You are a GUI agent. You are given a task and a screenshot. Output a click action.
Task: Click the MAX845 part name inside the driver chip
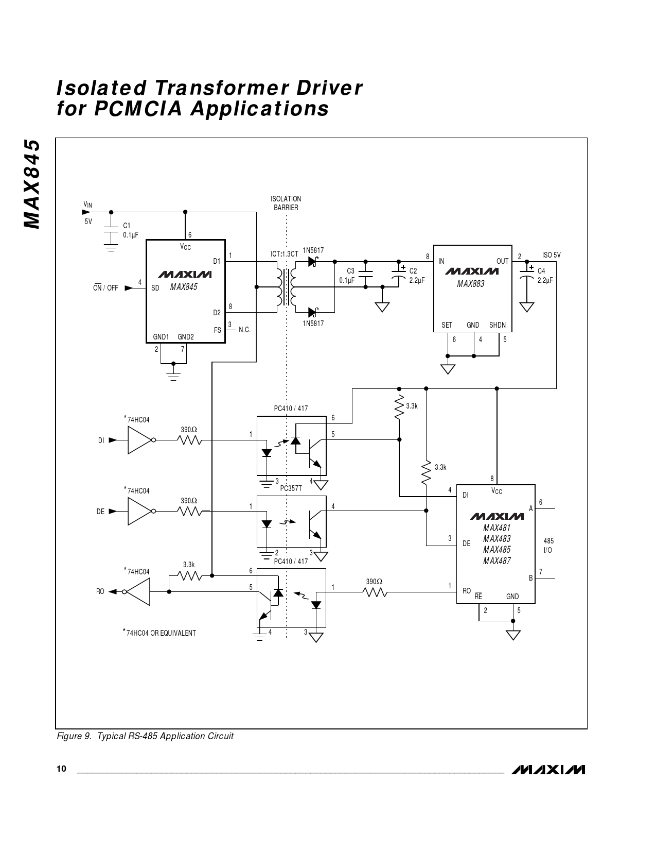click(x=184, y=287)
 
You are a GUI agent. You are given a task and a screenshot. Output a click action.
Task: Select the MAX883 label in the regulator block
click(x=470, y=283)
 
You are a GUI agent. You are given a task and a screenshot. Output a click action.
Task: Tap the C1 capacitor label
click(x=127, y=226)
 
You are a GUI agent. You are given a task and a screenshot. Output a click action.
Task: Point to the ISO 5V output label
click(x=551, y=255)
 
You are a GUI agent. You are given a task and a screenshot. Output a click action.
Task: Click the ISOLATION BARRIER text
click(x=286, y=203)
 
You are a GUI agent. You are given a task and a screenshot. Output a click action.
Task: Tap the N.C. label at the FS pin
click(x=244, y=330)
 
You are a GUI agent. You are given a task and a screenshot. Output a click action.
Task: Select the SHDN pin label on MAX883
click(x=498, y=325)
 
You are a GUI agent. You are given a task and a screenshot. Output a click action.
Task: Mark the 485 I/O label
click(x=548, y=546)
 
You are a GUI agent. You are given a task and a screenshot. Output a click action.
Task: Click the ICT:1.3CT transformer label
click(x=285, y=254)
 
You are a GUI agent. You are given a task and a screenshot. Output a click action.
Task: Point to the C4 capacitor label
click(x=541, y=271)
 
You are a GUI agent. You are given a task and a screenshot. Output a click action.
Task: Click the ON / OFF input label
click(x=105, y=288)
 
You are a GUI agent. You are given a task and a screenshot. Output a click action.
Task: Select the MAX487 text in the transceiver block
click(x=497, y=561)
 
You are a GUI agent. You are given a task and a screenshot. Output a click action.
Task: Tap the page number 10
click(x=61, y=769)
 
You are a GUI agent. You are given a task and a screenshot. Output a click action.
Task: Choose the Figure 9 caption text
click(x=145, y=736)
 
